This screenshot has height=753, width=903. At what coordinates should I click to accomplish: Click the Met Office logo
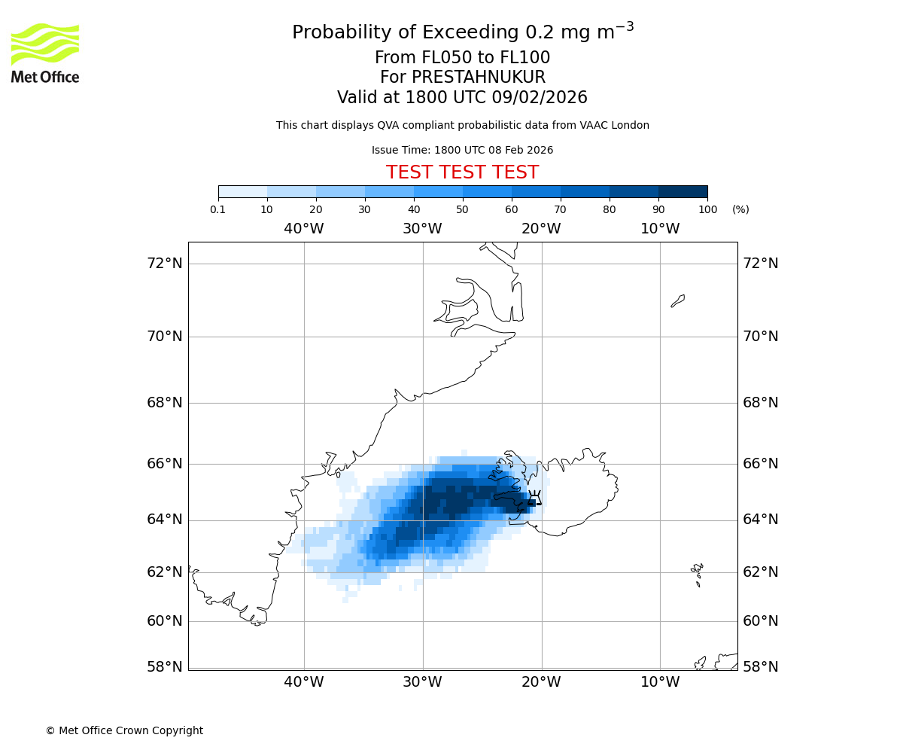[45, 53]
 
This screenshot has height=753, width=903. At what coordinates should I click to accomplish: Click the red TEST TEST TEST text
[462, 172]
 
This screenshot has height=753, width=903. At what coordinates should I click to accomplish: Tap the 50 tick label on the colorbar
[462, 209]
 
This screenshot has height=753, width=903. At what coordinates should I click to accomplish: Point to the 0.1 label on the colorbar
[218, 209]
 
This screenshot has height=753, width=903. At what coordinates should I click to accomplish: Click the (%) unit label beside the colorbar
[740, 209]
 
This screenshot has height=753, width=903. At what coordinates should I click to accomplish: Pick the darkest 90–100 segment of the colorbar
[683, 191]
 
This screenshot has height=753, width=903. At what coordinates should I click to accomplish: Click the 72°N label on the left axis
[164, 263]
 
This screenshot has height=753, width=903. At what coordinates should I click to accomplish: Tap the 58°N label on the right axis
[761, 666]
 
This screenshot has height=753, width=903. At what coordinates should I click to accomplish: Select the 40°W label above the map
[303, 229]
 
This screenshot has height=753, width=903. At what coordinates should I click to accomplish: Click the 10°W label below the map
[660, 682]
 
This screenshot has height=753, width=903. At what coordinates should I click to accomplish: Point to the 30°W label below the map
[422, 682]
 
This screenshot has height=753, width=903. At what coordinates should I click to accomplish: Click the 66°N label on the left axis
[164, 463]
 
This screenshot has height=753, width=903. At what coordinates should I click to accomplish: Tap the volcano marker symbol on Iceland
[534, 498]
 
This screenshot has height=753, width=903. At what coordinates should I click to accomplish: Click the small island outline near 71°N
[678, 300]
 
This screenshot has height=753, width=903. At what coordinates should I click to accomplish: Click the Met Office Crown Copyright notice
[124, 730]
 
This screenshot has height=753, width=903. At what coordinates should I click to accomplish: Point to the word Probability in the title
[343, 33]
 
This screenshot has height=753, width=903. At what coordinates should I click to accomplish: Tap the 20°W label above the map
[541, 229]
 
